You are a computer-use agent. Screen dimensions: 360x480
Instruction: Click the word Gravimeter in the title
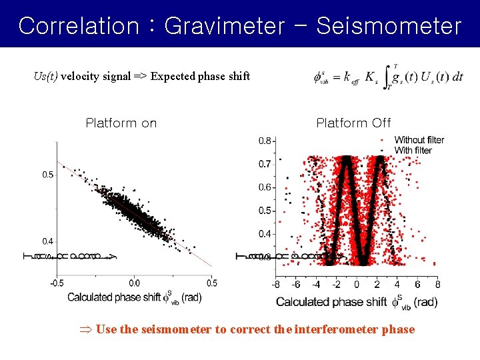(223, 26)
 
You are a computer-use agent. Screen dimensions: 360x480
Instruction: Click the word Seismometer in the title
(389, 26)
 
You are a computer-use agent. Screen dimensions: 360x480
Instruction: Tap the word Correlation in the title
(78, 26)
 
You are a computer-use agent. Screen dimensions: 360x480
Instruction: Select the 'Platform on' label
(121, 123)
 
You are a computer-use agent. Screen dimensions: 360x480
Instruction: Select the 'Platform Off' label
(353, 123)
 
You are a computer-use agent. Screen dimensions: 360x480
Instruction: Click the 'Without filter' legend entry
(419, 140)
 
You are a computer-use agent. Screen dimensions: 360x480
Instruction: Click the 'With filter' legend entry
(413, 151)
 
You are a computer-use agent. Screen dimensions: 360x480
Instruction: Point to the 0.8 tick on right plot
(265, 141)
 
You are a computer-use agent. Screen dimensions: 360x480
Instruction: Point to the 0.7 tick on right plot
(265, 164)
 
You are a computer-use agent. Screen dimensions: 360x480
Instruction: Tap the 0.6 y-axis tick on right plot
(265, 187)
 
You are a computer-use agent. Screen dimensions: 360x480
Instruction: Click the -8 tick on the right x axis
(276, 285)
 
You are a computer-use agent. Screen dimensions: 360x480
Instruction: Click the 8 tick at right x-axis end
(437, 285)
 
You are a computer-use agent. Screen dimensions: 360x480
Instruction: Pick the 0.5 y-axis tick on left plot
(48, 175)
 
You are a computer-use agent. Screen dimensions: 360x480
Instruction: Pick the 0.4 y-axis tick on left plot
(48, 241)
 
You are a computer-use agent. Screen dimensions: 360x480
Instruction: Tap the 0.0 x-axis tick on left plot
(134, 283)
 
